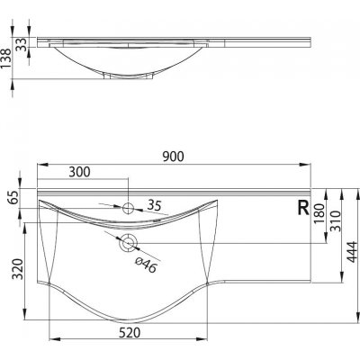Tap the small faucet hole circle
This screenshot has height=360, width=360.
pos(128,208)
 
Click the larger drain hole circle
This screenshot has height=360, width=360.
pos(127,241)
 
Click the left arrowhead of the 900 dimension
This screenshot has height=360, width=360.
pos(39,166)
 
